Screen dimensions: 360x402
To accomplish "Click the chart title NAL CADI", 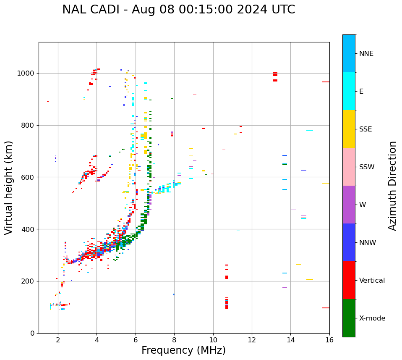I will (178, 10).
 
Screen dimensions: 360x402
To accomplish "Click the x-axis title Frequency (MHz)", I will (183, 350).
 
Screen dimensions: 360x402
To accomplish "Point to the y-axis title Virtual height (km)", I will (9, 187).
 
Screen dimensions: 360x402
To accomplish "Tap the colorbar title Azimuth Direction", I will (392, 186).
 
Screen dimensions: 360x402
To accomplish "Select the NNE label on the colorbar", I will (366, 54).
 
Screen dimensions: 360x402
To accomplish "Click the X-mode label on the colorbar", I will (372, 318).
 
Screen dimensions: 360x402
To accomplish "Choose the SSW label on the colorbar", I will (367, 167).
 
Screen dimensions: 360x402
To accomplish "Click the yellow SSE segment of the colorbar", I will (349, 129).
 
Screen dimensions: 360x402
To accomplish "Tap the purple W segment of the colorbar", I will (349, 205).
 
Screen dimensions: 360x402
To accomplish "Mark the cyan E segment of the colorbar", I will (349, 91).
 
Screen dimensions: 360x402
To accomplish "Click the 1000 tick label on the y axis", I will (26, 74).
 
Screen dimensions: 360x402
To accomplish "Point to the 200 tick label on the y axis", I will (28, 281).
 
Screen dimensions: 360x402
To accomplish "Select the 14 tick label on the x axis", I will (291, 340).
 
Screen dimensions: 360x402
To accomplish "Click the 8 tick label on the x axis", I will (174, 340).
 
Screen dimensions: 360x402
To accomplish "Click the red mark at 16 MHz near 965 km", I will (326, 82).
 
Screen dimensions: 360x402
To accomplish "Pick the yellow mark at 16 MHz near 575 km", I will (326, 183).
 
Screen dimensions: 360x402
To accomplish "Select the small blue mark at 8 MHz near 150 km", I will (174, 294).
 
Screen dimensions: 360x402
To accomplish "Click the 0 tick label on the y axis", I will (32, 333).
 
